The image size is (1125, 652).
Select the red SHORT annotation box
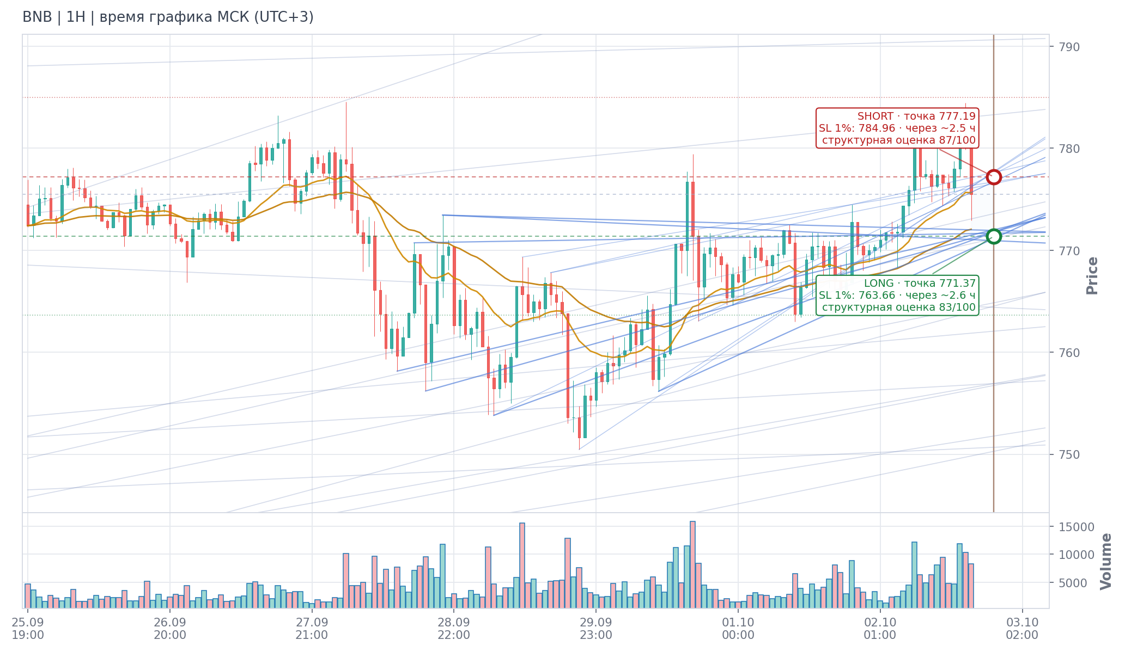[x=897, y=128]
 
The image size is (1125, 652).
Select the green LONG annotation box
[x=897, y=295]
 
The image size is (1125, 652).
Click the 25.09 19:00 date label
[x=28, y=629]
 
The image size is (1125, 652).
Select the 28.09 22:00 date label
[x=454, y=629]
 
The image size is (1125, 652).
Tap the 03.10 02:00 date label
[x=1022, y=629]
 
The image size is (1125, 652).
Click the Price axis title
[x=1092, y=276]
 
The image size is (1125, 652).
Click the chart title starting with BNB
[x=168, y=17]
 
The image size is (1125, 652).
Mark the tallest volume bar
[x=692, y=564]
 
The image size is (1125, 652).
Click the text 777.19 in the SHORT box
[x=958, y=116]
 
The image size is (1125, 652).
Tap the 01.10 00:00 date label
[x=738, y=629]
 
